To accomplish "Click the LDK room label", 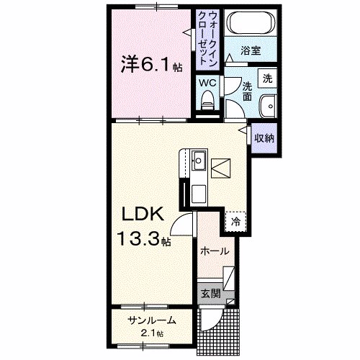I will tap(143, 215).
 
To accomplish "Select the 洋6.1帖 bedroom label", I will tap(150, 66).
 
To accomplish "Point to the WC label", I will tap(207, 83).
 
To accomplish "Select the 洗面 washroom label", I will tap(246, 91).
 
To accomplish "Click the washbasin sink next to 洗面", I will tap(268, 104).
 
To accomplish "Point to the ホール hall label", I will tap(215, 252).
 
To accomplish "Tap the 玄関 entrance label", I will tap(209, 293).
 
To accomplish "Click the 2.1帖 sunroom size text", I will tap(151, 333).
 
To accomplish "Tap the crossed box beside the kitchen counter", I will tap(222, 167).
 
